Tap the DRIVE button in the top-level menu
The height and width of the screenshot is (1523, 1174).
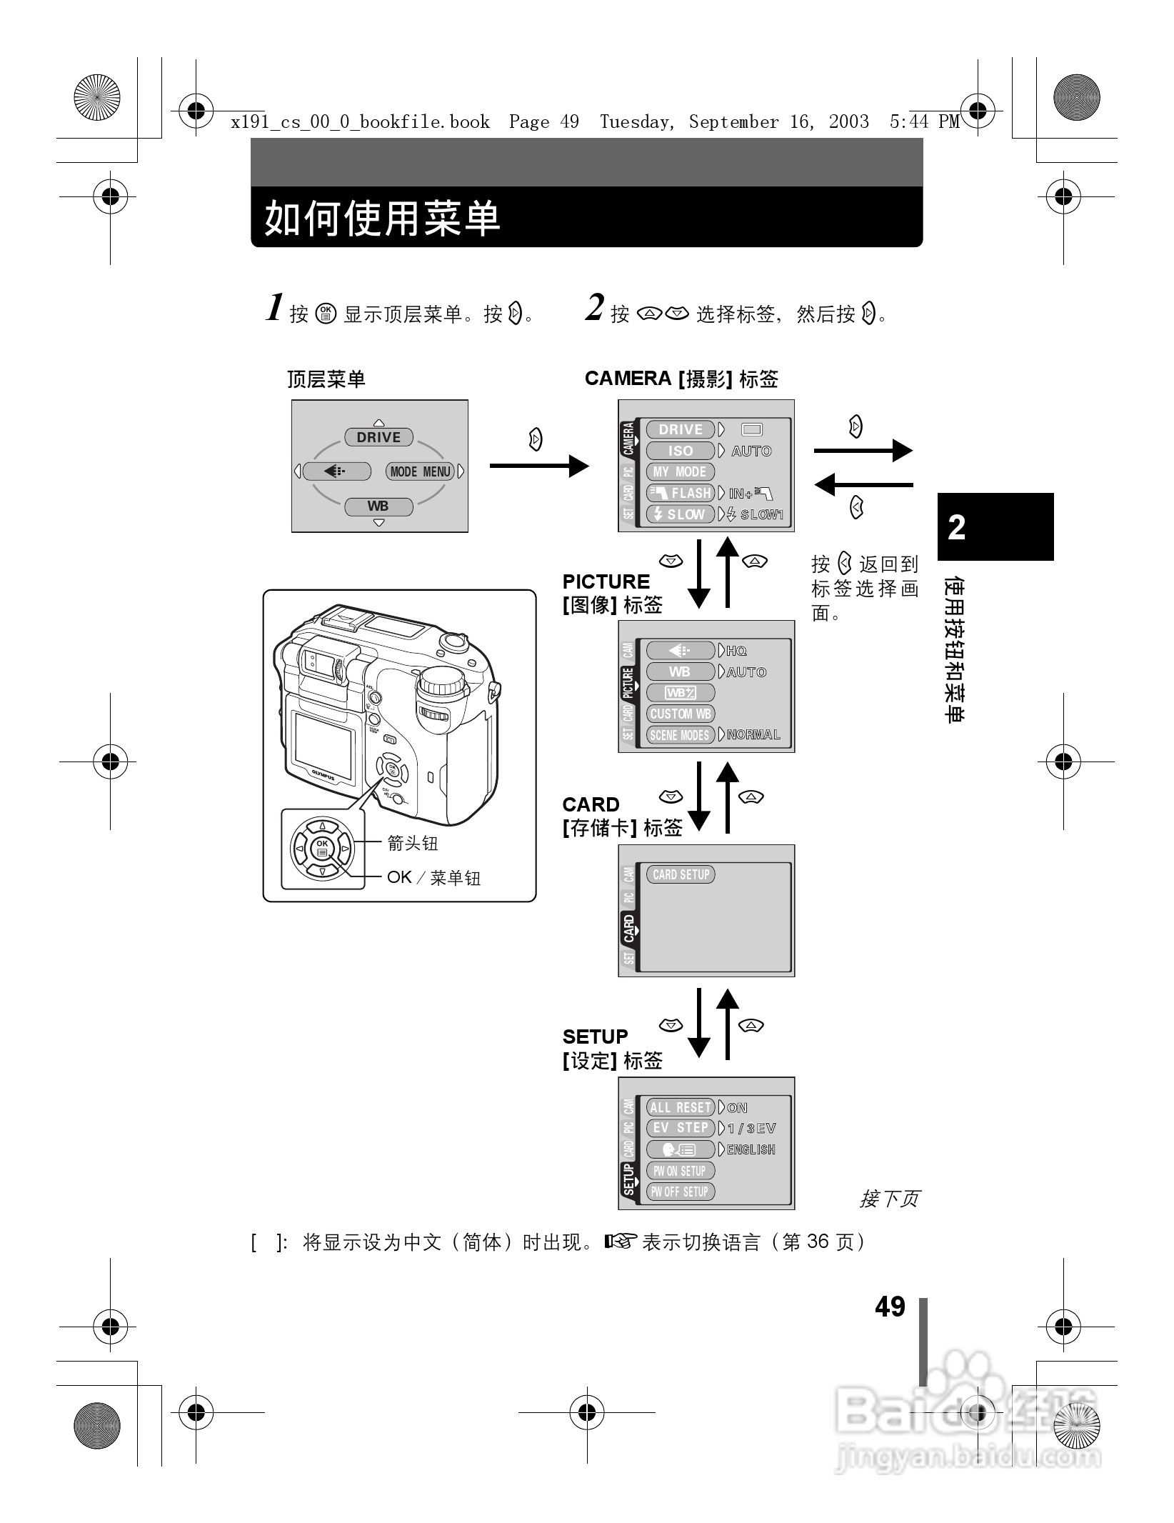click(378, 437)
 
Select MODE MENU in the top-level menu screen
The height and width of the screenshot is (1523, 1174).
click(420, 471)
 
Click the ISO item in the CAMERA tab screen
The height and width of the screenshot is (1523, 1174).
click(680, 451)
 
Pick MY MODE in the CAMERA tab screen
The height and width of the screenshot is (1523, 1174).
click(680, 472)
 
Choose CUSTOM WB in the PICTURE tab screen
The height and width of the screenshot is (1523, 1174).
click(680, 714)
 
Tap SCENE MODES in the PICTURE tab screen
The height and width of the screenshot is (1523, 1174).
click(680, 735)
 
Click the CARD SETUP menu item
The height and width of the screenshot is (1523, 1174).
click(681, 874)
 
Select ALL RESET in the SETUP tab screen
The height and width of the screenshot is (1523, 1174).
click(680, 1107)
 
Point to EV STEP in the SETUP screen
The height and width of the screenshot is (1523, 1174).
click(680, 1128)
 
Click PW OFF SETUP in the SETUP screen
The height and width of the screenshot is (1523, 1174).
click(679, 1192)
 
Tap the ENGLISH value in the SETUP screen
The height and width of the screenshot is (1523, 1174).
click(751, 1149)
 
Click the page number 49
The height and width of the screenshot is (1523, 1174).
click(890, 1307)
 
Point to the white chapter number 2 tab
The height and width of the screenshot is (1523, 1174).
click(957, 527)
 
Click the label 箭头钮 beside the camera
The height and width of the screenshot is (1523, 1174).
click(412, 843)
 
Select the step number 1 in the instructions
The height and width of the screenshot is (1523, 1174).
click(275, 309)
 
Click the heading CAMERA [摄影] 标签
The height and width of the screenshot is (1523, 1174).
click(681, 379)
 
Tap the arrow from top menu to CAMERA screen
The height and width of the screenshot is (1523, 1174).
click(539, 466)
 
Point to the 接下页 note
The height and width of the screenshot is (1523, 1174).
click(889, 1198)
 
